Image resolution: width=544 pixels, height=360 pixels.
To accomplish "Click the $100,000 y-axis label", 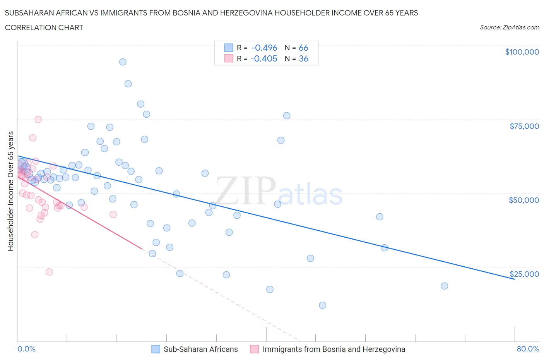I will (522, 52).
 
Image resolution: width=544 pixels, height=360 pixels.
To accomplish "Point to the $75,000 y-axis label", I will (524, 126).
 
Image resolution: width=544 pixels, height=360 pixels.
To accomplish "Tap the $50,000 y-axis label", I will (523, 200).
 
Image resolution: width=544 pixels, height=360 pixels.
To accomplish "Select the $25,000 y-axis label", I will (524, 274).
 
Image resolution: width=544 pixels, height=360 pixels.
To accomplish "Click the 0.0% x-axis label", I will (26, 349).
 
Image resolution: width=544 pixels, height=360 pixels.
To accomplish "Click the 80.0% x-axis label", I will (527, 349).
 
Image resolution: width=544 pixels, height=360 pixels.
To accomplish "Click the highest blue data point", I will (123, 62).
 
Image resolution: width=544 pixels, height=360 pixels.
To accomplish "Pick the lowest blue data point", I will (322, 305).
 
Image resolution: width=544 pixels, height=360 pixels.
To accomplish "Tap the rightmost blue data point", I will (444, 286).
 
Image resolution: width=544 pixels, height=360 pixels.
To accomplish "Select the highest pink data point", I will (38, 120).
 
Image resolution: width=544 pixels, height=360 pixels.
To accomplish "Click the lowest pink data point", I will (49, 272).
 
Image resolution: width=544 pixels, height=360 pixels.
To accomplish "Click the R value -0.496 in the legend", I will (264, 48).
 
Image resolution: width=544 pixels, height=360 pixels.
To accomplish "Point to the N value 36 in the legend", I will (303, 58).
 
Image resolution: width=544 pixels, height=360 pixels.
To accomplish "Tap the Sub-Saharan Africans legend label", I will (200, 349).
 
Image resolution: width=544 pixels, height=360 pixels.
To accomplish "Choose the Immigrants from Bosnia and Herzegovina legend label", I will (334, 349).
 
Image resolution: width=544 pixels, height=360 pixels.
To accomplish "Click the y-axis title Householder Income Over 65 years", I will (10, 191).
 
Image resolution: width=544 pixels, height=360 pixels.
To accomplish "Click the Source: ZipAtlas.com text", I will (509, 27).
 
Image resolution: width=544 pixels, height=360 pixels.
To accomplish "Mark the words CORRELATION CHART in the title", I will (44, 27).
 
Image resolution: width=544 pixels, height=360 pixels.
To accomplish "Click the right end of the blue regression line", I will (514, 279).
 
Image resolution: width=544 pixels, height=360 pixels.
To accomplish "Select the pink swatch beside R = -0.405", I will (229, 58).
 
